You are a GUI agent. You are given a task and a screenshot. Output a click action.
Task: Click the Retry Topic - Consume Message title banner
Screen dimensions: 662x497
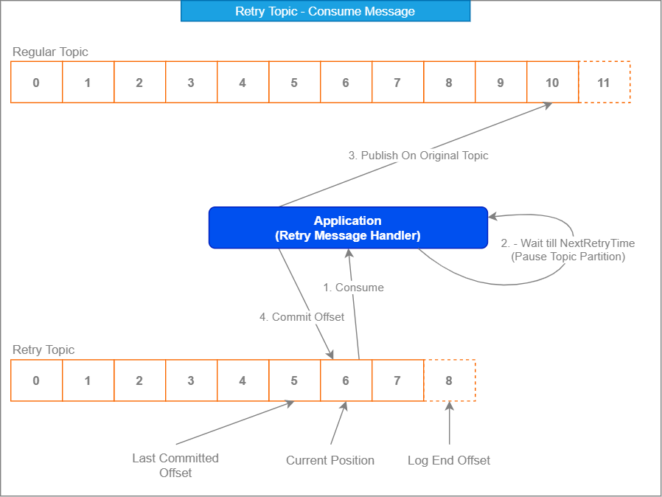pos(325,11)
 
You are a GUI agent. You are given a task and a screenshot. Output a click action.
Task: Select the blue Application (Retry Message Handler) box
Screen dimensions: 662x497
pos(348,228)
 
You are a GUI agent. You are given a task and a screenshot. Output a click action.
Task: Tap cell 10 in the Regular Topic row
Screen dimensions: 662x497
pos(553,82)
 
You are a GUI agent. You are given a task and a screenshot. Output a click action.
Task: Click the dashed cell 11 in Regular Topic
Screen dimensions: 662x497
pos(604,82)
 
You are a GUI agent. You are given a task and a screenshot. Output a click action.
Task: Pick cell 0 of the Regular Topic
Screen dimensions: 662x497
pos(37,82)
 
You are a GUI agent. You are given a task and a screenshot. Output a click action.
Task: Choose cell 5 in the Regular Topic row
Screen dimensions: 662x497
pos(295,82)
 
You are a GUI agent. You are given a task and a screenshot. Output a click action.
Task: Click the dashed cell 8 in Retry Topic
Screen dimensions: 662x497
pos(450,380)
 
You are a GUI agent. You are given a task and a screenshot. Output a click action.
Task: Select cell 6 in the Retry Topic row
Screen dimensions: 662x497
pos(346,380)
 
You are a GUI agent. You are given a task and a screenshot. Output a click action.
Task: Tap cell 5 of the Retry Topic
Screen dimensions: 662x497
pos(295,380)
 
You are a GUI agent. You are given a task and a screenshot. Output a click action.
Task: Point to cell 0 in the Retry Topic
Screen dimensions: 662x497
pos(37,380)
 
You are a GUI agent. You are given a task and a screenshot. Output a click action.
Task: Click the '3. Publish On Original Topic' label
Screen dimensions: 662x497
pos(419,156)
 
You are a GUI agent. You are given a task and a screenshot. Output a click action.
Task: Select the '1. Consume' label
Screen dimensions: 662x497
pos(353,288)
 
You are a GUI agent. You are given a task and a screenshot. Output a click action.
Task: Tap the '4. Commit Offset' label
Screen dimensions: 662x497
pos(302,316)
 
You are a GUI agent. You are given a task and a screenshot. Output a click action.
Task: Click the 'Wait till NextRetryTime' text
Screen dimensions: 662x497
pos(577,243)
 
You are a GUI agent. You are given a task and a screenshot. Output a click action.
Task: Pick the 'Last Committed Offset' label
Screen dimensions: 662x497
pos(175,465)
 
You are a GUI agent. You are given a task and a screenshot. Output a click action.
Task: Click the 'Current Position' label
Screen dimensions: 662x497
pos(330,460)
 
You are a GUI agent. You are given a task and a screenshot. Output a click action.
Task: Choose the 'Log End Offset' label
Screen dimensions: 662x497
pos(449,460)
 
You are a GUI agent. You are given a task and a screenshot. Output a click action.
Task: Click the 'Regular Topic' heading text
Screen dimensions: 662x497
pos(50,52)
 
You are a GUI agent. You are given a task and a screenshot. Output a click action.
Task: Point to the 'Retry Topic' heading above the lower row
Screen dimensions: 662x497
pos(43,350)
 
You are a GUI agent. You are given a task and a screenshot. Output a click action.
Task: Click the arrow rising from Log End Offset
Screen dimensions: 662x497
pos(450,423)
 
